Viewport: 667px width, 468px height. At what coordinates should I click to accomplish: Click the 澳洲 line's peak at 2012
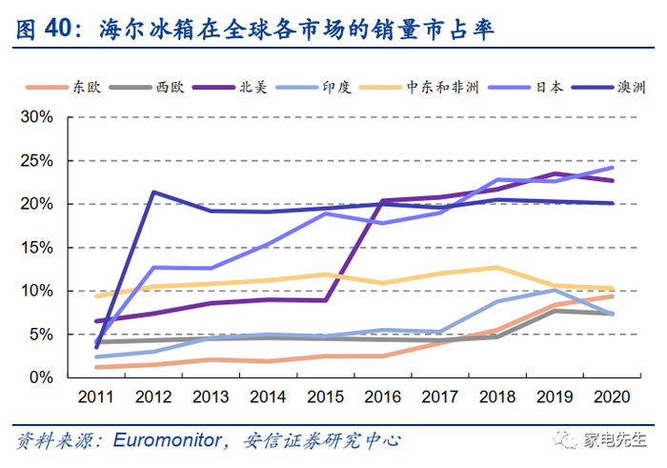click(153, 192)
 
